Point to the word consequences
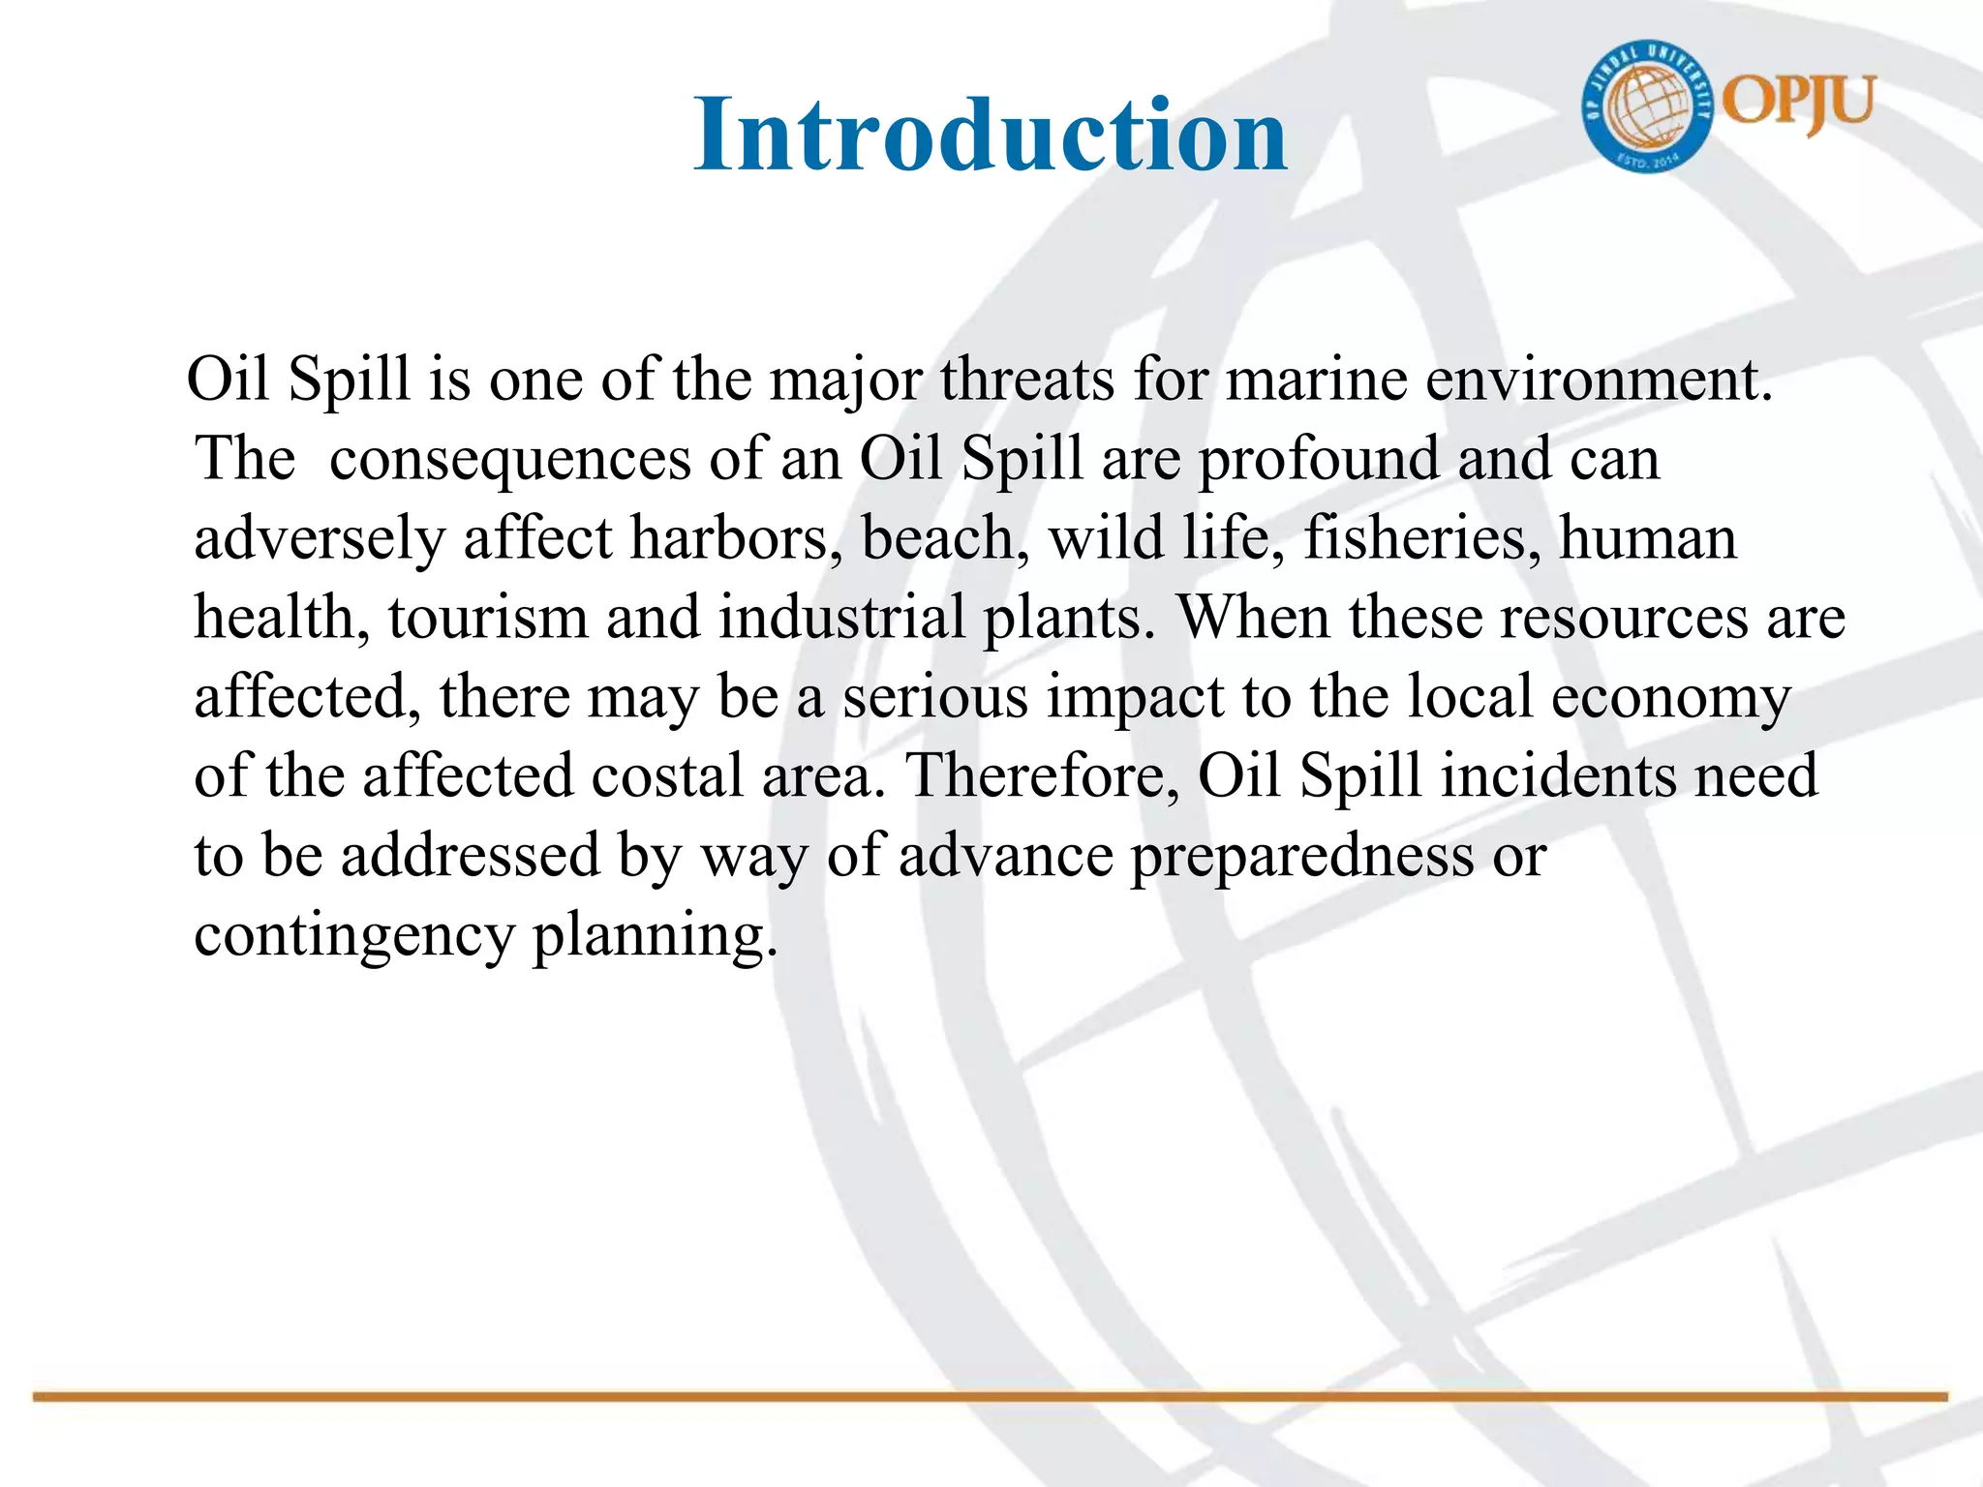pos(510,459)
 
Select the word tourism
pos(488,618)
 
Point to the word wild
pos(1106,538)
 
